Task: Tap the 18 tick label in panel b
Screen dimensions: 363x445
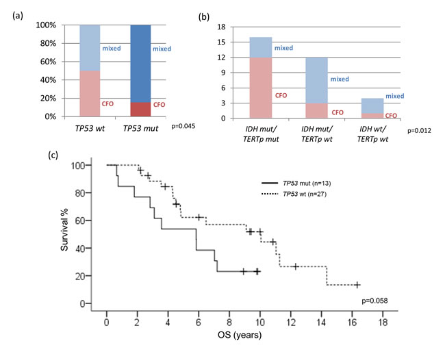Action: (x=241, y=26)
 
